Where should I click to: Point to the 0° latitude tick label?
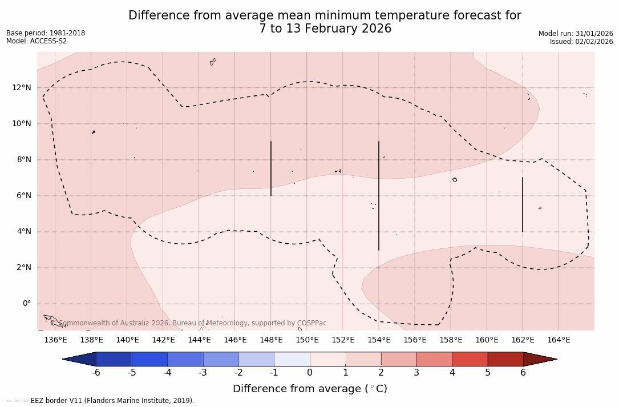[26, 304]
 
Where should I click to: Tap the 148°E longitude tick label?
[271, 340]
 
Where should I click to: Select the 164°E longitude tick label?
[559, 340]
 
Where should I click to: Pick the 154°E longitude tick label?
[379, 340]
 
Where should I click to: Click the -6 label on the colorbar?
[96, 373]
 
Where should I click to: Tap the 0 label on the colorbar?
[310, 373]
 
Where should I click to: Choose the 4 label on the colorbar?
[452, 373]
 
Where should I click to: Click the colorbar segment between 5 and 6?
[505, 359]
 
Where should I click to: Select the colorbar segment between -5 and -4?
[149, 359]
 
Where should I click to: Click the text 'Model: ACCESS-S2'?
[37, 41]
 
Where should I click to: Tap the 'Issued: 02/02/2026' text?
[581, 42]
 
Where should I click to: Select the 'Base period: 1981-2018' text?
[46, 33]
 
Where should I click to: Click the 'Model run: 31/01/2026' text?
[576, 34]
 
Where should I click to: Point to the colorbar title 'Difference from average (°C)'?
[310, 389]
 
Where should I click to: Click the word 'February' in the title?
[315, 29]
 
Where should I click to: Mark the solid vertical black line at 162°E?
[522, 204]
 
